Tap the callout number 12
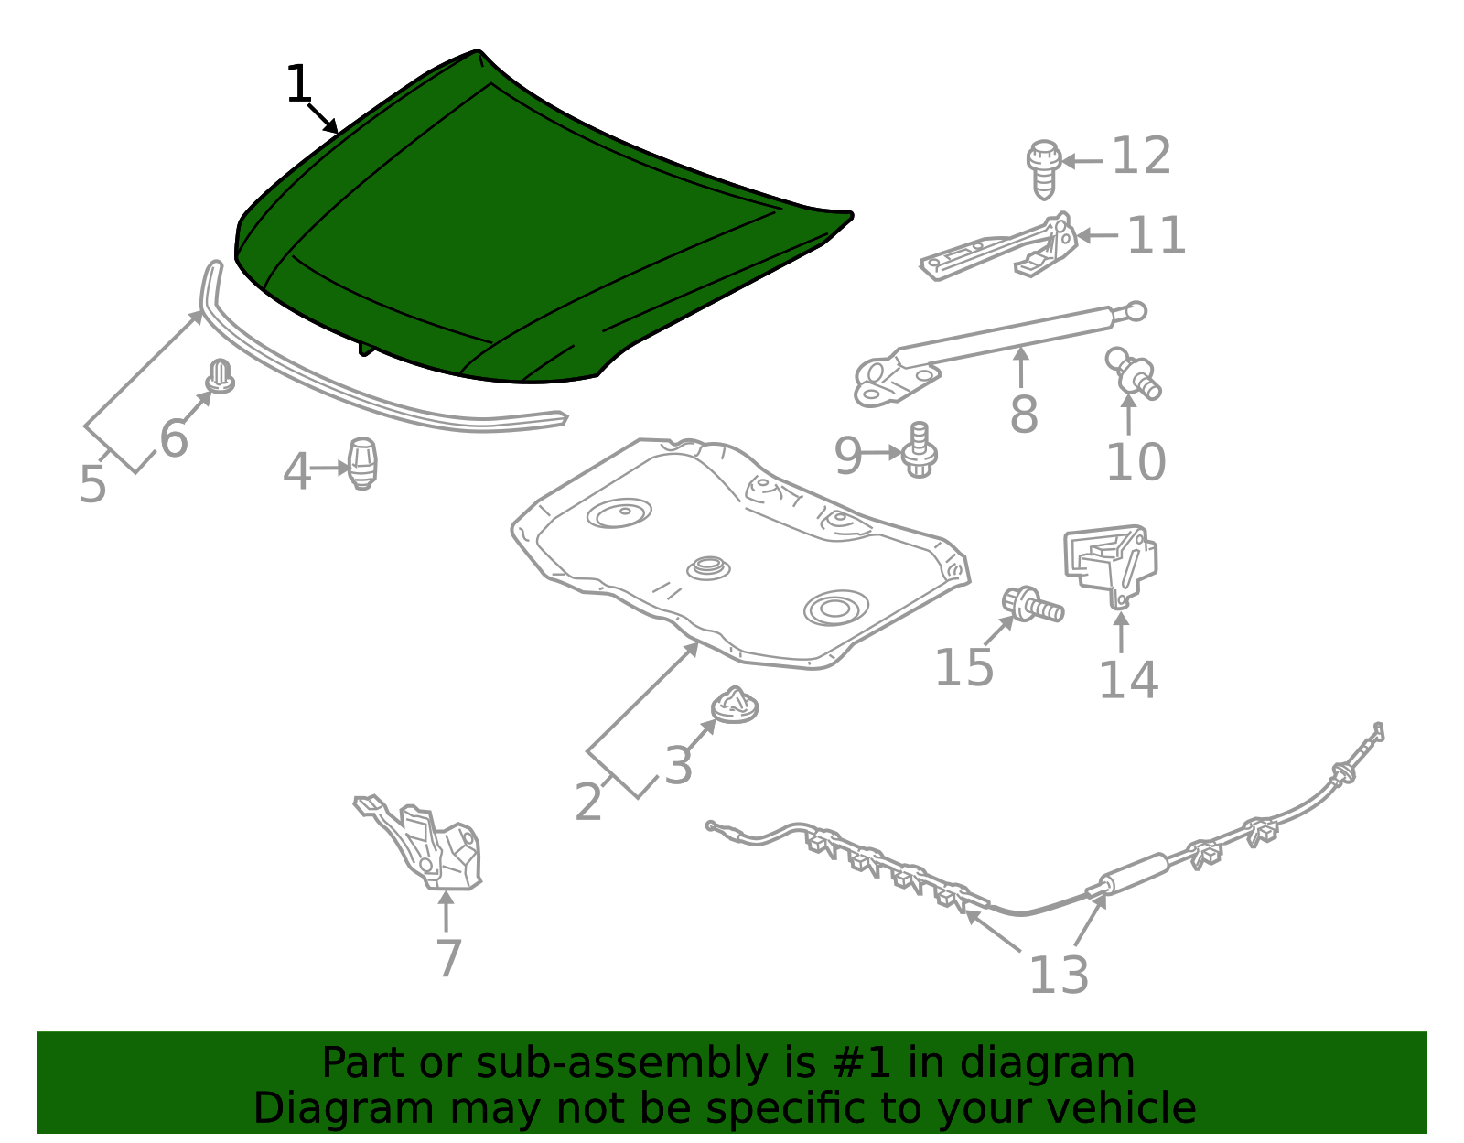coord(1141,156)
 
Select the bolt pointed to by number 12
coord(1044,169)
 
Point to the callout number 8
coord(1023,415)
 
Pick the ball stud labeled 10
coord(1133,373)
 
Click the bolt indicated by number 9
coord(920,450)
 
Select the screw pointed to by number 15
coord(1033,604)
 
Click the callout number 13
coord(1059,975)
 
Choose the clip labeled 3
coord(735,706)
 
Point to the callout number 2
coord(588,802)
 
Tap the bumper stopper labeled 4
coord(362,463)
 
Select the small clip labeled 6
coord(221,376)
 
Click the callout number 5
coord(93,483)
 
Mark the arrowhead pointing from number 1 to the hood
coord(331,126)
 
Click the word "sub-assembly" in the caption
coord(621,1062)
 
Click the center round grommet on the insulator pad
coord(708,567)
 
